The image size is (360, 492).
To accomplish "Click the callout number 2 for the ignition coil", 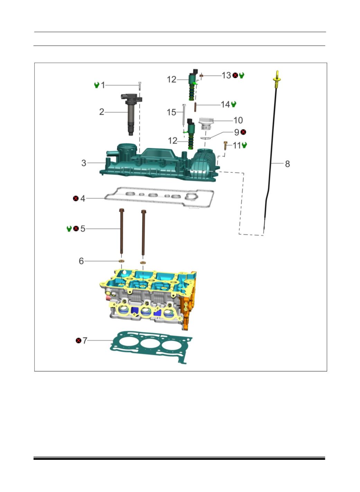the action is pos(101,112).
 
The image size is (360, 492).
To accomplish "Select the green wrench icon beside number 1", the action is pos(97,85).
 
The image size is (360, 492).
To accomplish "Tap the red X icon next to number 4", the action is pos(76,198).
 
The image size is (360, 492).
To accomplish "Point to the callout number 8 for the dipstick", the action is pos(287,164).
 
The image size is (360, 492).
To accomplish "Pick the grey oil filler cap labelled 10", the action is pos(206,124).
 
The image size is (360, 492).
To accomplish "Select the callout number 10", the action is pos(238,120).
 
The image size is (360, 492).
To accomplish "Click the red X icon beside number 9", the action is pos(243,132).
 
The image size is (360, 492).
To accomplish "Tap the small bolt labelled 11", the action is pos(225,146).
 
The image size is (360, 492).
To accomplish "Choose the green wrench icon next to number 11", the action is pos(244,145).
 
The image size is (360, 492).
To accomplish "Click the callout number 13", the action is pos(226,75).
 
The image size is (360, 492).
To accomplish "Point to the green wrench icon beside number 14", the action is pos(234,104).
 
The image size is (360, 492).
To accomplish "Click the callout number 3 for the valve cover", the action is pos(84,163).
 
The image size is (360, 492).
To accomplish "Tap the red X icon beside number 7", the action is pos(79,340).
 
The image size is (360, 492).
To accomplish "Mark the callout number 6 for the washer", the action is pos(81,261).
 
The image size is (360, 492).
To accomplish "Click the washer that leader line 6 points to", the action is pos(121,261).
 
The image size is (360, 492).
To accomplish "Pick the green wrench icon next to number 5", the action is pos(69,229).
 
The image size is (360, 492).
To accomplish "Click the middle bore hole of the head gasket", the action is pos(150,344).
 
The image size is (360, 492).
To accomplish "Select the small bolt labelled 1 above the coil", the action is pos(140,86).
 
